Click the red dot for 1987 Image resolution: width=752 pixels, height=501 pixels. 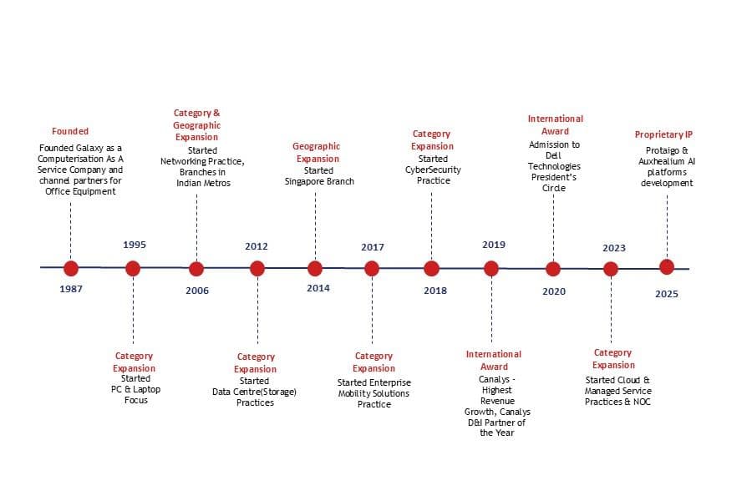70,269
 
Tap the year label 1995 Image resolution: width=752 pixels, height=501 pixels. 135,245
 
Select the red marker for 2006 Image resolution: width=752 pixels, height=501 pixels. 196,269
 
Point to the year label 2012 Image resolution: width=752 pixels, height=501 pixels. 257,246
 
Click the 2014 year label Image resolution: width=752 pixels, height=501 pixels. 318,288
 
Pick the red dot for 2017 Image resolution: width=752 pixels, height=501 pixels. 372,269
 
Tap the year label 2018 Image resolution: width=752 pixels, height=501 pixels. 435,291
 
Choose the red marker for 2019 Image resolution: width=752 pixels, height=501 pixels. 491,269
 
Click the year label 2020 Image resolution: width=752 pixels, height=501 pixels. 554,291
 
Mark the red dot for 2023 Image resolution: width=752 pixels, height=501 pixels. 611,269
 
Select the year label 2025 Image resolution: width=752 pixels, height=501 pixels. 667,294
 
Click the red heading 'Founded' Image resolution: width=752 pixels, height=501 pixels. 70,131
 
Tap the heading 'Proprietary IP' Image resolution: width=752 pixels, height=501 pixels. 663,134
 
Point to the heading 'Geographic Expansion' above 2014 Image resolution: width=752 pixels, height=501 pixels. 317,153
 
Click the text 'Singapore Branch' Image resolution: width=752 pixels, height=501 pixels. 319,181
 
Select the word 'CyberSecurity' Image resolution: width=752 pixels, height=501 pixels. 433,170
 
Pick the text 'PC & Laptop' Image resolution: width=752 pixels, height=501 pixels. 135,389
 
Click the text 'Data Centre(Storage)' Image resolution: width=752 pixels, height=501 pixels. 254,392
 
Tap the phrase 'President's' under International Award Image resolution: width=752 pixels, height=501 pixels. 554,177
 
